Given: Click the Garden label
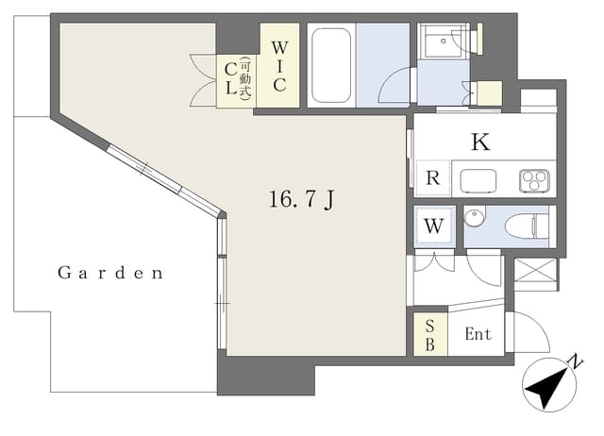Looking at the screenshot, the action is click(110, 273).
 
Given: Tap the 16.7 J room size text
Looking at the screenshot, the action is click(301, 199).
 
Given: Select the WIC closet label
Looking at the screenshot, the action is click(279, 66).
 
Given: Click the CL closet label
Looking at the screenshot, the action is click(230, 78).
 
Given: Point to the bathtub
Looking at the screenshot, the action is click(331, 65).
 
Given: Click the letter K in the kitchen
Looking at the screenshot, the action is click(480, 142).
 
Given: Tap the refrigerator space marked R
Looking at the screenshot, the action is click(433, 178).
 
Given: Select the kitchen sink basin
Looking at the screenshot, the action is click(478, 180).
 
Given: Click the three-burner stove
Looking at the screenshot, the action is click(534, 180).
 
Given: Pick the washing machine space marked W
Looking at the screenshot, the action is click(434, 226).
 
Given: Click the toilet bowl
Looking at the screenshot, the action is click(527, 226).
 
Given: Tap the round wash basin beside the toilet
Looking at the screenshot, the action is click(474, 216).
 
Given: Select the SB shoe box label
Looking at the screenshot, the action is click(430, 335).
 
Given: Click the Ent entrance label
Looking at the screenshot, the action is click(478, 334).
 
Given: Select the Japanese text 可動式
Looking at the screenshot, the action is click(245, 78).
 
